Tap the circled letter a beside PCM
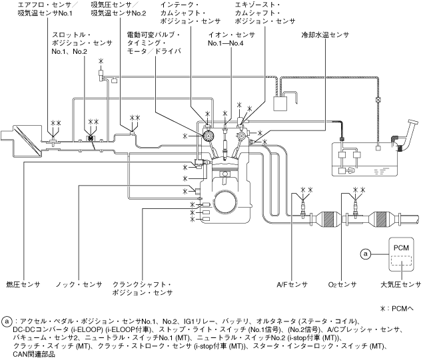(x=364, y=254)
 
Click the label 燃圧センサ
(x=23, y=284)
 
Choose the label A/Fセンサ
(x=291, y=284)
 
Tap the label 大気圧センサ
(x=400, y=284)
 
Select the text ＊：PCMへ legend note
(x=399, y=308)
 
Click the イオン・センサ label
(x=230, y=32)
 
